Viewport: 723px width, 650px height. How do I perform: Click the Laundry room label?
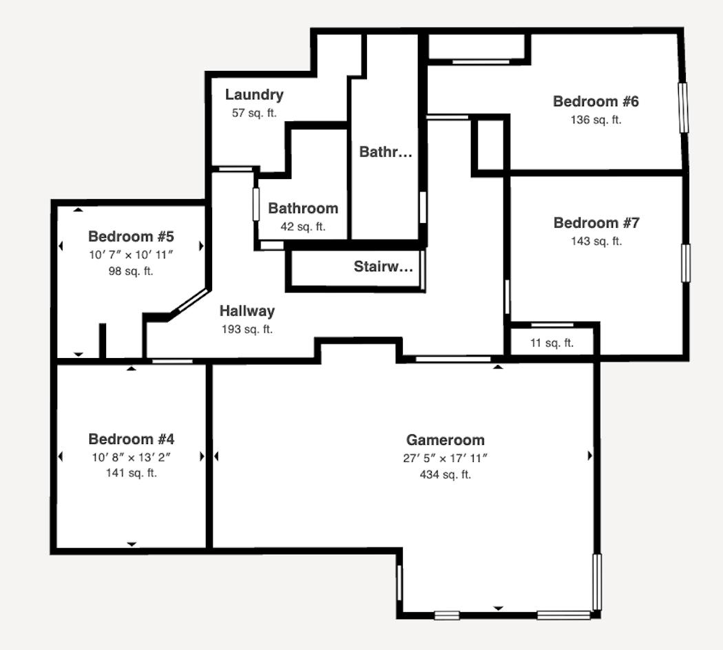point(254,94)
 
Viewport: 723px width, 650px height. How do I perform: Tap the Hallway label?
point(247,311)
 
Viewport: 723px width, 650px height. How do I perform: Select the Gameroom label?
point(446,440)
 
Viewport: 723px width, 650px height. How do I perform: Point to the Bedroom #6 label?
point(596,101)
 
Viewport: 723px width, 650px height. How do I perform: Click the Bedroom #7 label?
point(596,223)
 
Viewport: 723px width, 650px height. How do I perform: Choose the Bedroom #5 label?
point(131,236)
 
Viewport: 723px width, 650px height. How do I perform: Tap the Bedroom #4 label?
point(132,439)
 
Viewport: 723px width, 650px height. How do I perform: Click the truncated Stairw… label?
point(383,266)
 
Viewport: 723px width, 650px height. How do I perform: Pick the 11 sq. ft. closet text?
point(552,343)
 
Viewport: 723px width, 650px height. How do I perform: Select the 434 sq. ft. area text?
point(446,474)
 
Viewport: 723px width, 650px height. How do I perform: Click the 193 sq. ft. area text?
point(247,329)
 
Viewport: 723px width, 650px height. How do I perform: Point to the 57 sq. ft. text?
point(254,113)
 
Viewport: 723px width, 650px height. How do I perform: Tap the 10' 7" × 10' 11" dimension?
point(131,255)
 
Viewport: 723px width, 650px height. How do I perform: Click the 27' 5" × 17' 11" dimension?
point(446,458)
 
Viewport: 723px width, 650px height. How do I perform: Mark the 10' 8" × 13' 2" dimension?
point(132,457)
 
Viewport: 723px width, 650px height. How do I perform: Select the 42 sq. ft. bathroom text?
point(303,227)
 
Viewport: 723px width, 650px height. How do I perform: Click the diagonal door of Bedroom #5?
point(193,300)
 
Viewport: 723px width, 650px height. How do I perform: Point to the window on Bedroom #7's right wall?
point(686,263)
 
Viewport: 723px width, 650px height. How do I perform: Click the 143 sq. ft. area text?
point(596,241)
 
